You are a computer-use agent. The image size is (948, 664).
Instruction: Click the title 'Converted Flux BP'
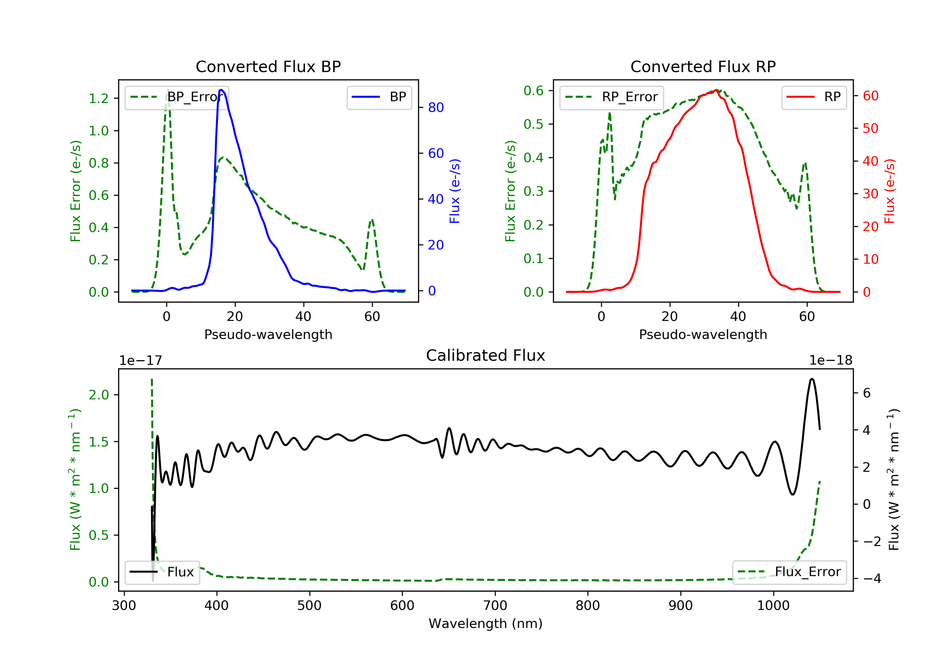pyautogui.click(x=268, y=66)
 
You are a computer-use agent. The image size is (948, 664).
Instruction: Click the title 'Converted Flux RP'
pyautogui.click(x=703, y=66)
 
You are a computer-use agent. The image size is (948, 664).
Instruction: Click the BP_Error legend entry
pyautogui.click(x=177, y=97)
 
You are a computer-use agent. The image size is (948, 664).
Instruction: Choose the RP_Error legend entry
pyautogui.click(x=611, y=97)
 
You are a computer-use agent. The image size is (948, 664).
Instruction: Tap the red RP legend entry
pyautogui.click(x=814, y=97)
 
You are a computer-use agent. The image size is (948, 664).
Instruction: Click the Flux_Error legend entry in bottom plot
pyautogui.click(x=789, y=572)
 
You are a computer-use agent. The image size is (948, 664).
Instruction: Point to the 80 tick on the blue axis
pyautogui.click(x=435, y=108)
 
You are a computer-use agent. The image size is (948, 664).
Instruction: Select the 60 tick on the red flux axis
pyautogui.click(x=870, y=96)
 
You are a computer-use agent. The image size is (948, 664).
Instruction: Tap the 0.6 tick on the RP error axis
pyautogui.click(x=533, y=90)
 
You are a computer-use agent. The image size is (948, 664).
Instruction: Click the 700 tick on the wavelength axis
pyautogui.click(x=495, y=606)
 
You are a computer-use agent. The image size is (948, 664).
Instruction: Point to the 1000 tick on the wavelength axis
pyautogui.click(x=773, y=606)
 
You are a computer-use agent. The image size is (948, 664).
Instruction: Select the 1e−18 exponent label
pyautogui.click(x=830, y=360)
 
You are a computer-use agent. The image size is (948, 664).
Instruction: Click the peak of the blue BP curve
pyautogui.click(x=221, y=90)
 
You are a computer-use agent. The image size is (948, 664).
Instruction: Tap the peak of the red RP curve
pyautogui.click(x=716, y=90)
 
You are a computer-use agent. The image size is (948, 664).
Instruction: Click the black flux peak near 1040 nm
pyautogui.click(x=812, y=378)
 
